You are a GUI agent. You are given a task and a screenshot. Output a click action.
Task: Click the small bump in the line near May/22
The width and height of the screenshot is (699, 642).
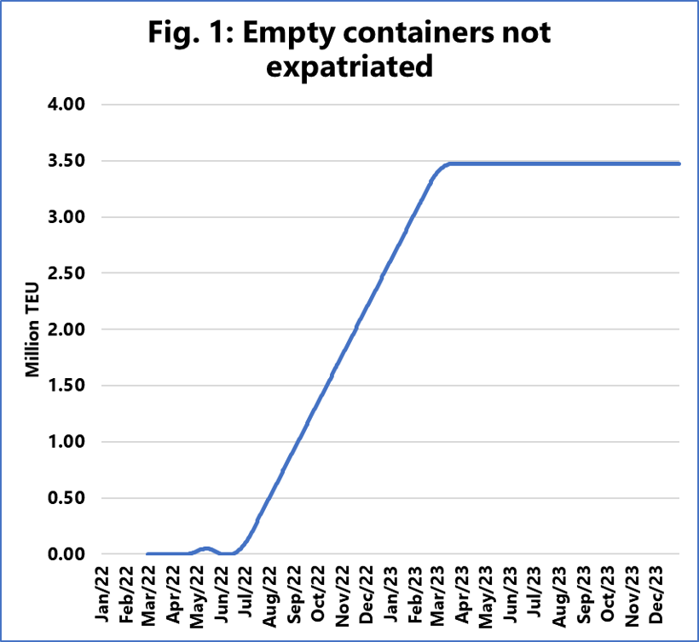click(x=205, y=548)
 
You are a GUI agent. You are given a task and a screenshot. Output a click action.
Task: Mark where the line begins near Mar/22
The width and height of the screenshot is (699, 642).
click(x=148, y=553)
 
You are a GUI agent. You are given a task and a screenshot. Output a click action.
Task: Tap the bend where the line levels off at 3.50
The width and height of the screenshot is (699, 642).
click(x=446, y=163)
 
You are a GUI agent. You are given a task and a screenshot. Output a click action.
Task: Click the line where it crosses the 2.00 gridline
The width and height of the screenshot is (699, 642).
click(x=355, y=330)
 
